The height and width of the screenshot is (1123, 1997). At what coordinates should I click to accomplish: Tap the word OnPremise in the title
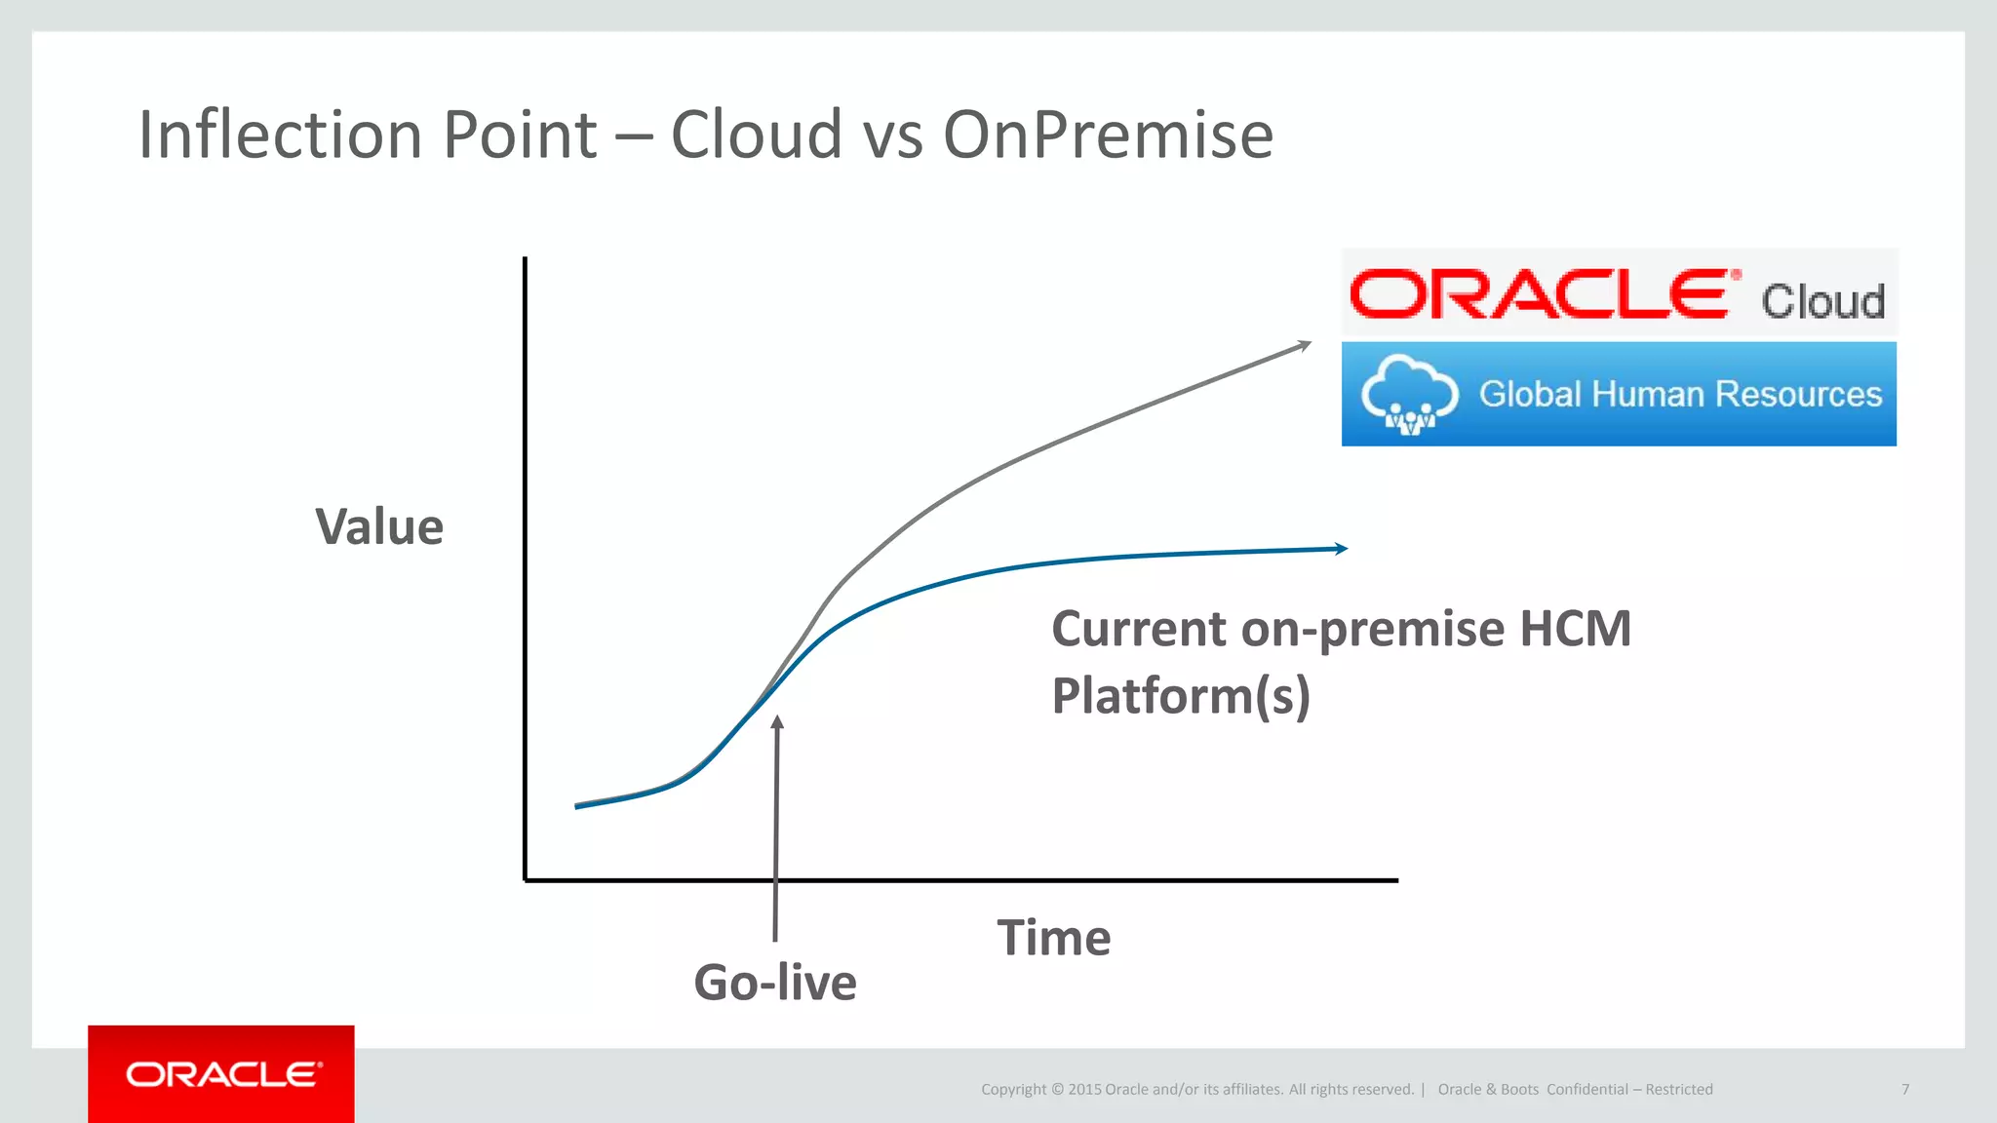[1108, 135]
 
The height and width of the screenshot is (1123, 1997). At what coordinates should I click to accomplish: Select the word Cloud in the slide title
[756, 135]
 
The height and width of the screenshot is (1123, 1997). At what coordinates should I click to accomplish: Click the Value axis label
[379, 527]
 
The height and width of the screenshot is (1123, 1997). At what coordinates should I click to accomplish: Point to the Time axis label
[1053, 938]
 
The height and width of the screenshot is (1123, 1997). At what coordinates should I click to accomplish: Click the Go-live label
[775, 982]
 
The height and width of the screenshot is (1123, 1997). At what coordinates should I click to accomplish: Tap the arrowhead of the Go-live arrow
[777, 722]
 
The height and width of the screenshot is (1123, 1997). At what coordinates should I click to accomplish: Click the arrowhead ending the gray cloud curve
[1304, 345]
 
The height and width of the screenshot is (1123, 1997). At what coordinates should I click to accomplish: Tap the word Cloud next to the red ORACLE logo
[1822, 300]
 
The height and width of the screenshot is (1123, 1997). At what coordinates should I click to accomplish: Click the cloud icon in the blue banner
[1409, 394]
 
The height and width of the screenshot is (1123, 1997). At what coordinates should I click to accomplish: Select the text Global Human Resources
[1680, 394]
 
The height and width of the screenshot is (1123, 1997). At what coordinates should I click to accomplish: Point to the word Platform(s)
[1180, 696]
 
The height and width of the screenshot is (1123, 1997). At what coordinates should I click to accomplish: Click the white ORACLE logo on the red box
[222, 1074]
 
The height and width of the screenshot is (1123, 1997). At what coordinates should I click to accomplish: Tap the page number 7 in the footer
[1904, 1089]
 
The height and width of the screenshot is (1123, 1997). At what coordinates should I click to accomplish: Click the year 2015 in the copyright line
[1084, 1089]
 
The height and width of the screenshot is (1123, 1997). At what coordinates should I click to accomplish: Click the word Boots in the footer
[1519, 1089]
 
